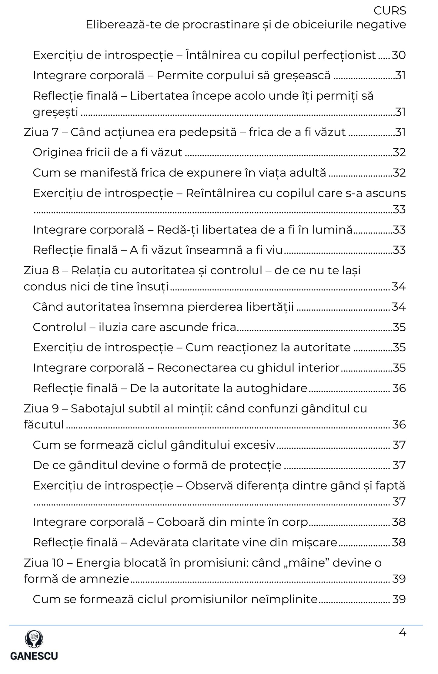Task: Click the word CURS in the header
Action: (390, 11)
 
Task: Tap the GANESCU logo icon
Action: (34, 639)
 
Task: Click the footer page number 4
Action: (402, 633)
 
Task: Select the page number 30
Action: (399, 55)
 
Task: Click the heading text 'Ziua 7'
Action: (41, 132)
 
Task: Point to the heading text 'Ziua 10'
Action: (44, 563)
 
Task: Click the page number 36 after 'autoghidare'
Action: (399, 388)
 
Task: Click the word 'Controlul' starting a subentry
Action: (59, 327)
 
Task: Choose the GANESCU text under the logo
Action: (34, 656)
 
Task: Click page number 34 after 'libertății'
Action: (399, 307)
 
